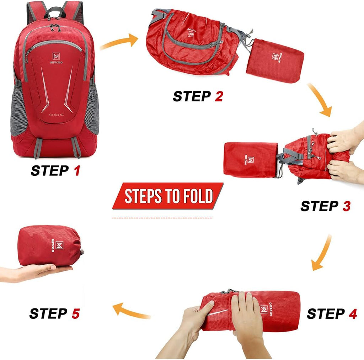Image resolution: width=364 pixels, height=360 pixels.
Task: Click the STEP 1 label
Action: (55, 171)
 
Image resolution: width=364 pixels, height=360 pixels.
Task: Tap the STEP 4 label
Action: (332, 314)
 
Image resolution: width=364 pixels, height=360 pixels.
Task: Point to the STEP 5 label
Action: (54, 314)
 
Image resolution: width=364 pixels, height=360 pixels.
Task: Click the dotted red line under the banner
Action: (162, 217)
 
